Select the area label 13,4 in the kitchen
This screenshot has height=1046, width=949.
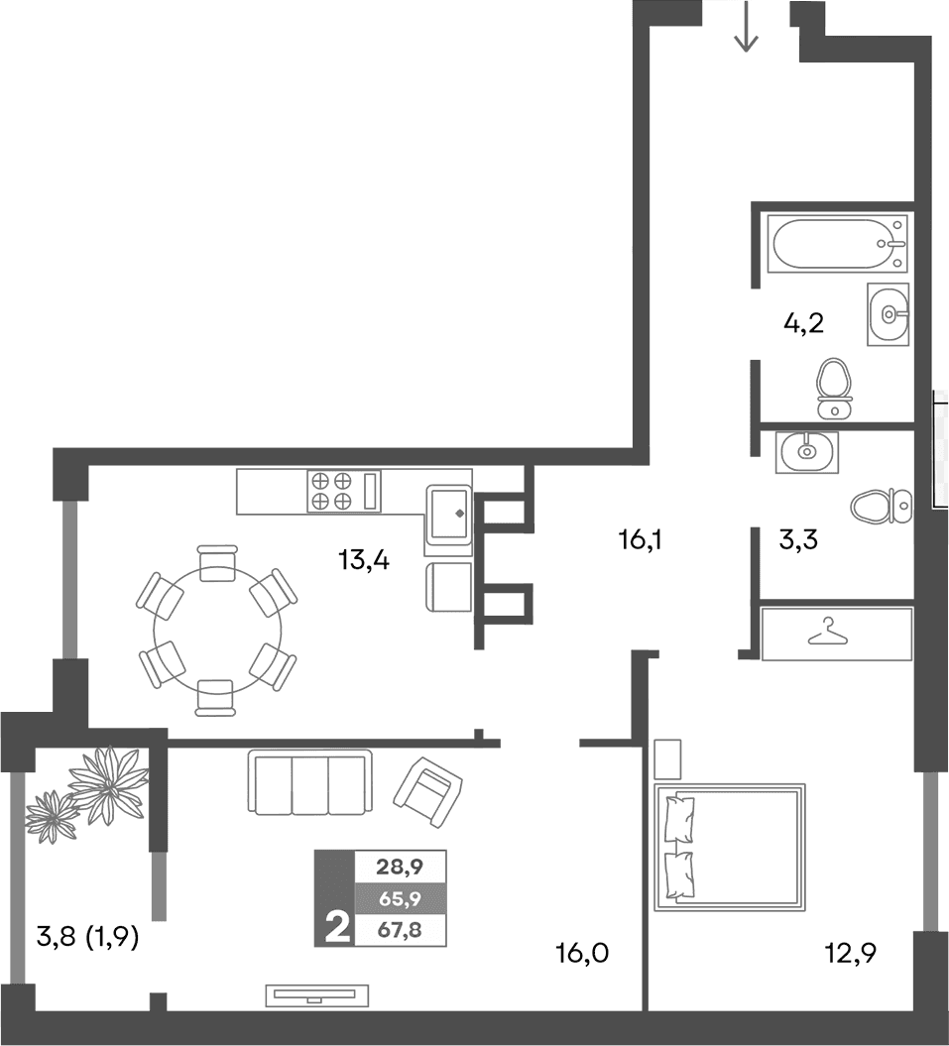[x=364, y=561]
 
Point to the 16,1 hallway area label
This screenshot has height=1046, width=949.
[x=639, y=540]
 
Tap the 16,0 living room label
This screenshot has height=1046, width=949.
[x=581, y=955]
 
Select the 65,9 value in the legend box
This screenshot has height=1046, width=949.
[x=400, y=899]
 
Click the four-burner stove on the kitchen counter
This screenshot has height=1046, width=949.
[x=331, y=491]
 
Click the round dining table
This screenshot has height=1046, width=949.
[x=217, y=629]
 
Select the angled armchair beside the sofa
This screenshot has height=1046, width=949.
[x=427, y=790]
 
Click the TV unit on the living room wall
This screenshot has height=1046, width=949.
[x=317, y=994]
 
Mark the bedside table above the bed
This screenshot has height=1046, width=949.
[x=667, y=759]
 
